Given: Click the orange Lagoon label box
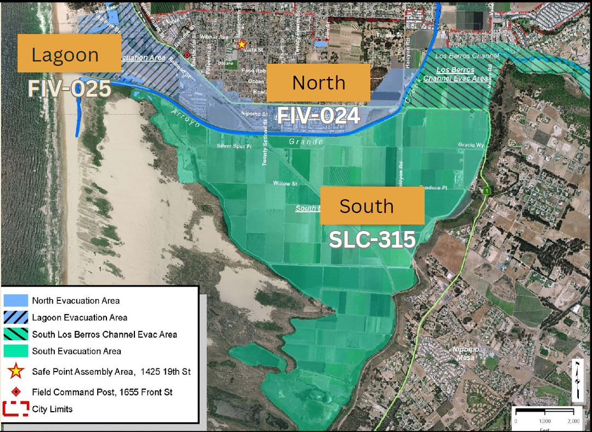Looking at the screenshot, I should [x=69, y=53].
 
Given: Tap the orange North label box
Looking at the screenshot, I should [x=318, y=82].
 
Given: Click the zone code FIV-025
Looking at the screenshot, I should [x=70, y=89].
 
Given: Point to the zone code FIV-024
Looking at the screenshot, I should [x=318, y=116].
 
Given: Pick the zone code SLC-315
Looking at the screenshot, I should [x=371, y=239].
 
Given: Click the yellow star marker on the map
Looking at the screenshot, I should [x=241, y=44].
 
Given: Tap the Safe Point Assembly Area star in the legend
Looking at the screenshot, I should [x=16, y=372].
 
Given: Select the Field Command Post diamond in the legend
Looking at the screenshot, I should [x=16, y=392].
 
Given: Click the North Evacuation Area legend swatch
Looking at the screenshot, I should [x=16, y=300].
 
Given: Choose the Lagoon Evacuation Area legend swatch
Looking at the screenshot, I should [x=16, y=317].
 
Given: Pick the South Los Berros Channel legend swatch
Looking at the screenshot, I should [x=16, y=334].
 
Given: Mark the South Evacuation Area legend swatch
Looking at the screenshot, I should [x=16, y=351].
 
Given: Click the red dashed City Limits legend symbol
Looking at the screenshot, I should [x=16, y=409].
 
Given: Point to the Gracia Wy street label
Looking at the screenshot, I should [x=471, y=145].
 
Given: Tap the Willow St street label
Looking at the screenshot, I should [x=285, y=183].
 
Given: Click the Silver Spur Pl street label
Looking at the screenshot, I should [x=233, y=146].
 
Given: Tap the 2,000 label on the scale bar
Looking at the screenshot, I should [x=573, y=421].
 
